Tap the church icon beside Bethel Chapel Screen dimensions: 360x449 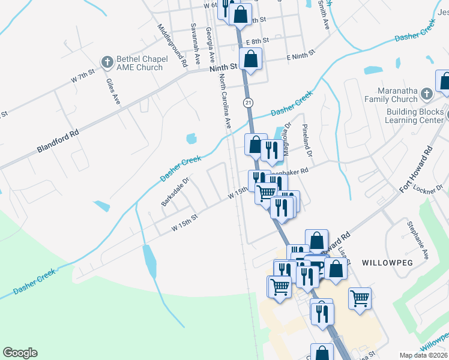(107, 62)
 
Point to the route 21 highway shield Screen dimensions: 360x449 (248, 103)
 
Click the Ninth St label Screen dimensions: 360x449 (224, 69)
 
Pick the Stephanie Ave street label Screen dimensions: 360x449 (418, 240)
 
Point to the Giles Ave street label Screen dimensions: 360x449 (113, 91)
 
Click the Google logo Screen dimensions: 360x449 (20, 353)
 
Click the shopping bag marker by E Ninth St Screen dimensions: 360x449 (250, 59)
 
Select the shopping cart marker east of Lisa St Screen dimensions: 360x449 (360, 298)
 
